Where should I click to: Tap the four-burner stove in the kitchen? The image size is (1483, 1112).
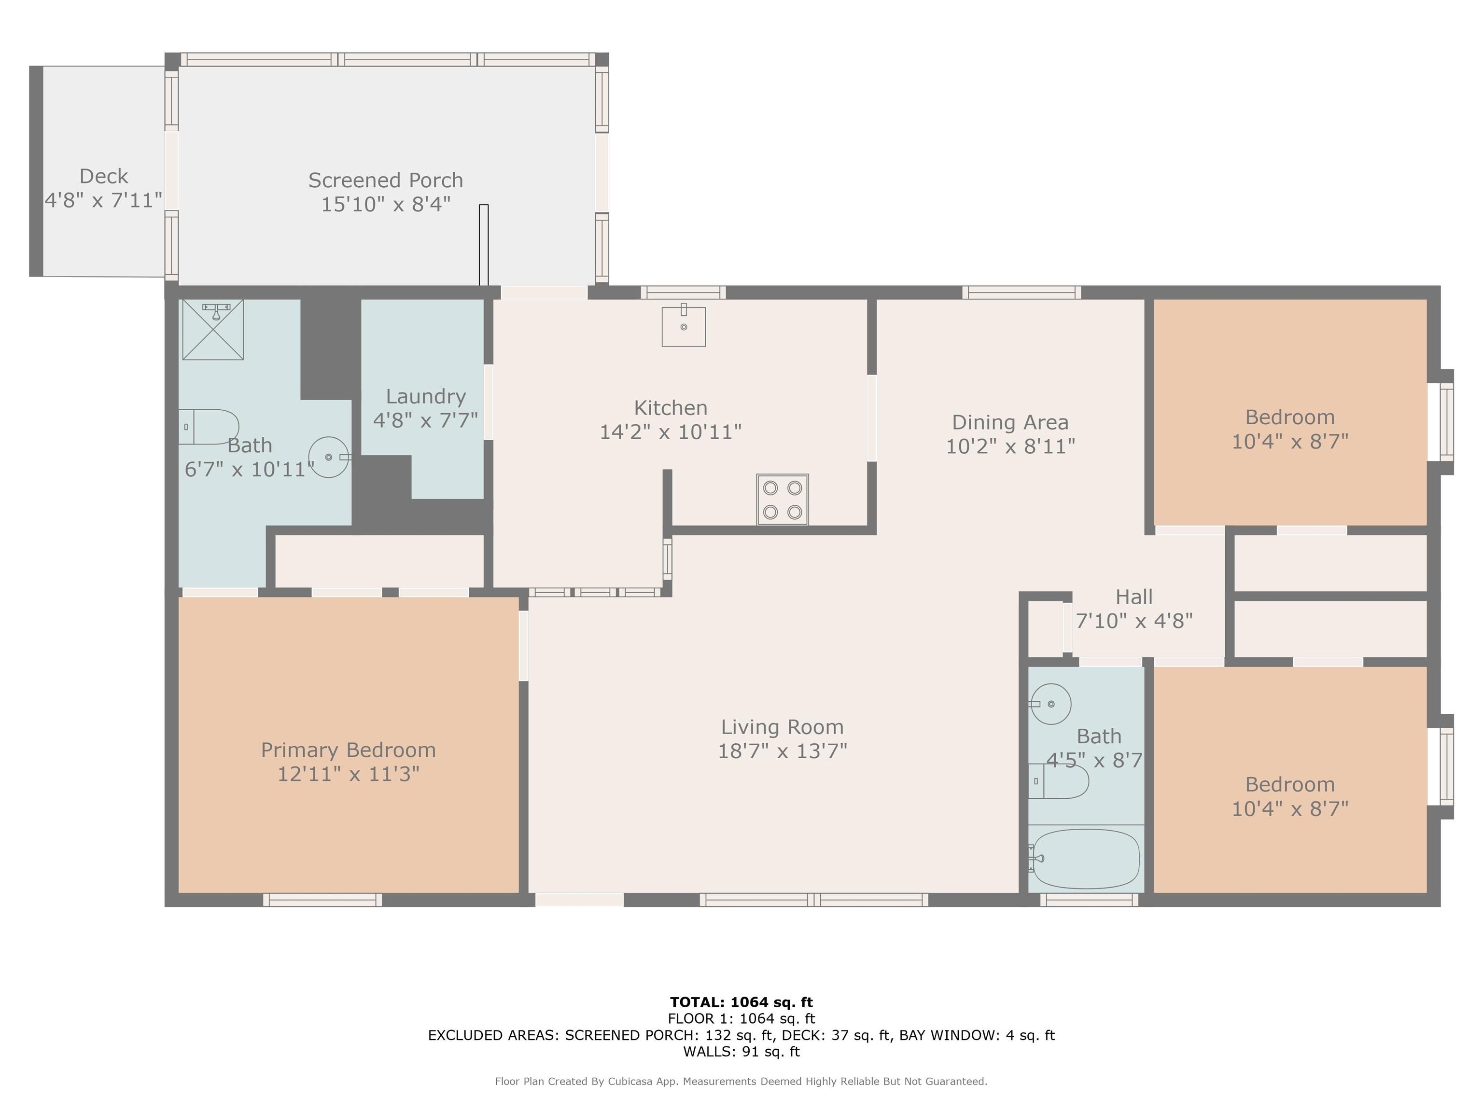(783, 500)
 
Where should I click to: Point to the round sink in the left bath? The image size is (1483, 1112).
(329, 457)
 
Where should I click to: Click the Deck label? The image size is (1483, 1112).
(103, 176)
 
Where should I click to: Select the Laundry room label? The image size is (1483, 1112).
(426, 396)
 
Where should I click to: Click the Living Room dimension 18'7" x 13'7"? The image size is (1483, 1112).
(783, 751)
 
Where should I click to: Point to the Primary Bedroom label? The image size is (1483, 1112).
(348, 750)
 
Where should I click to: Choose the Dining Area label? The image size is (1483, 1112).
(1010, 422)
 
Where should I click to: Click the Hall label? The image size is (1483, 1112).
(1134, 597)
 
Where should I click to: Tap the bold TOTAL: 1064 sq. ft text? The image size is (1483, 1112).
(741, 1002)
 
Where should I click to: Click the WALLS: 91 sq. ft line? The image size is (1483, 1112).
(741, 1051)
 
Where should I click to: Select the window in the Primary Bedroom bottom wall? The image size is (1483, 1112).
(322, 900)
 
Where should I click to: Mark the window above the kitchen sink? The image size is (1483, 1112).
(683, 292)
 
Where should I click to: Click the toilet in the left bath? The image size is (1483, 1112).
(209, 427)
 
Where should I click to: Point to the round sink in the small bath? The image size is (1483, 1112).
(1050, 704)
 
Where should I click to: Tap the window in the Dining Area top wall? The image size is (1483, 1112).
(1021, 292)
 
